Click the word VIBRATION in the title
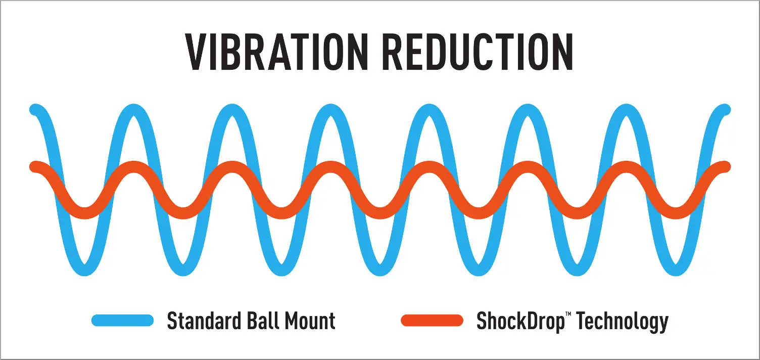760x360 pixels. (x=275, y=53)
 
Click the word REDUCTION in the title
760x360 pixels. (x=478, y=53)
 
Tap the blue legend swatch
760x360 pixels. (x=122, y=320)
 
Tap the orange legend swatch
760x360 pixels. (x=432, y=320)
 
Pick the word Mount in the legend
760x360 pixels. (x=310, y=321)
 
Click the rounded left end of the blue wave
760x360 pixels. (x=35, y=109)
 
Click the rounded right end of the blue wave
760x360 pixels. (x=725, y=109)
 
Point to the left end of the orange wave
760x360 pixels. (x=35, y=166)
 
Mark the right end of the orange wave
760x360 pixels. (x=725, y=166)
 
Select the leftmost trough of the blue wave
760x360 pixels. (x=84, y=270)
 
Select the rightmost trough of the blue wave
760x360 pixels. (x=676, y=270)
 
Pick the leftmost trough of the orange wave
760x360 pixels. (x=84, y=213)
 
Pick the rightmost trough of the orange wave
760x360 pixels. (x=676, y=213)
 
